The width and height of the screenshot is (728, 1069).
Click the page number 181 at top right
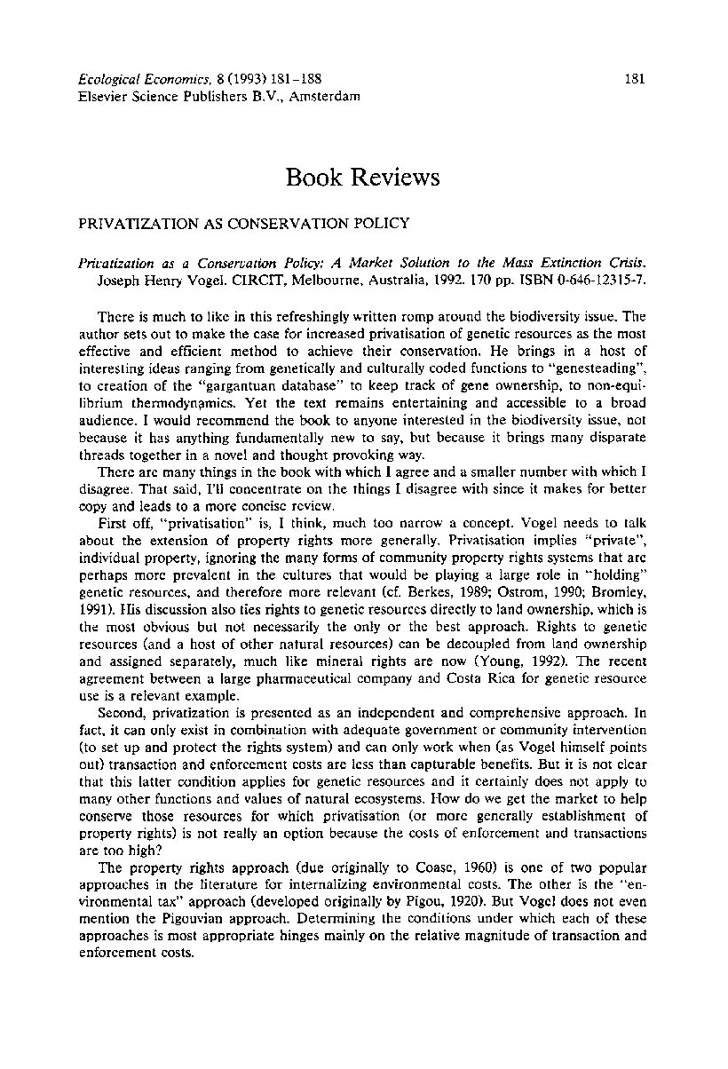634,79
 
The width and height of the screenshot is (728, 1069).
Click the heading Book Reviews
363,178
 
